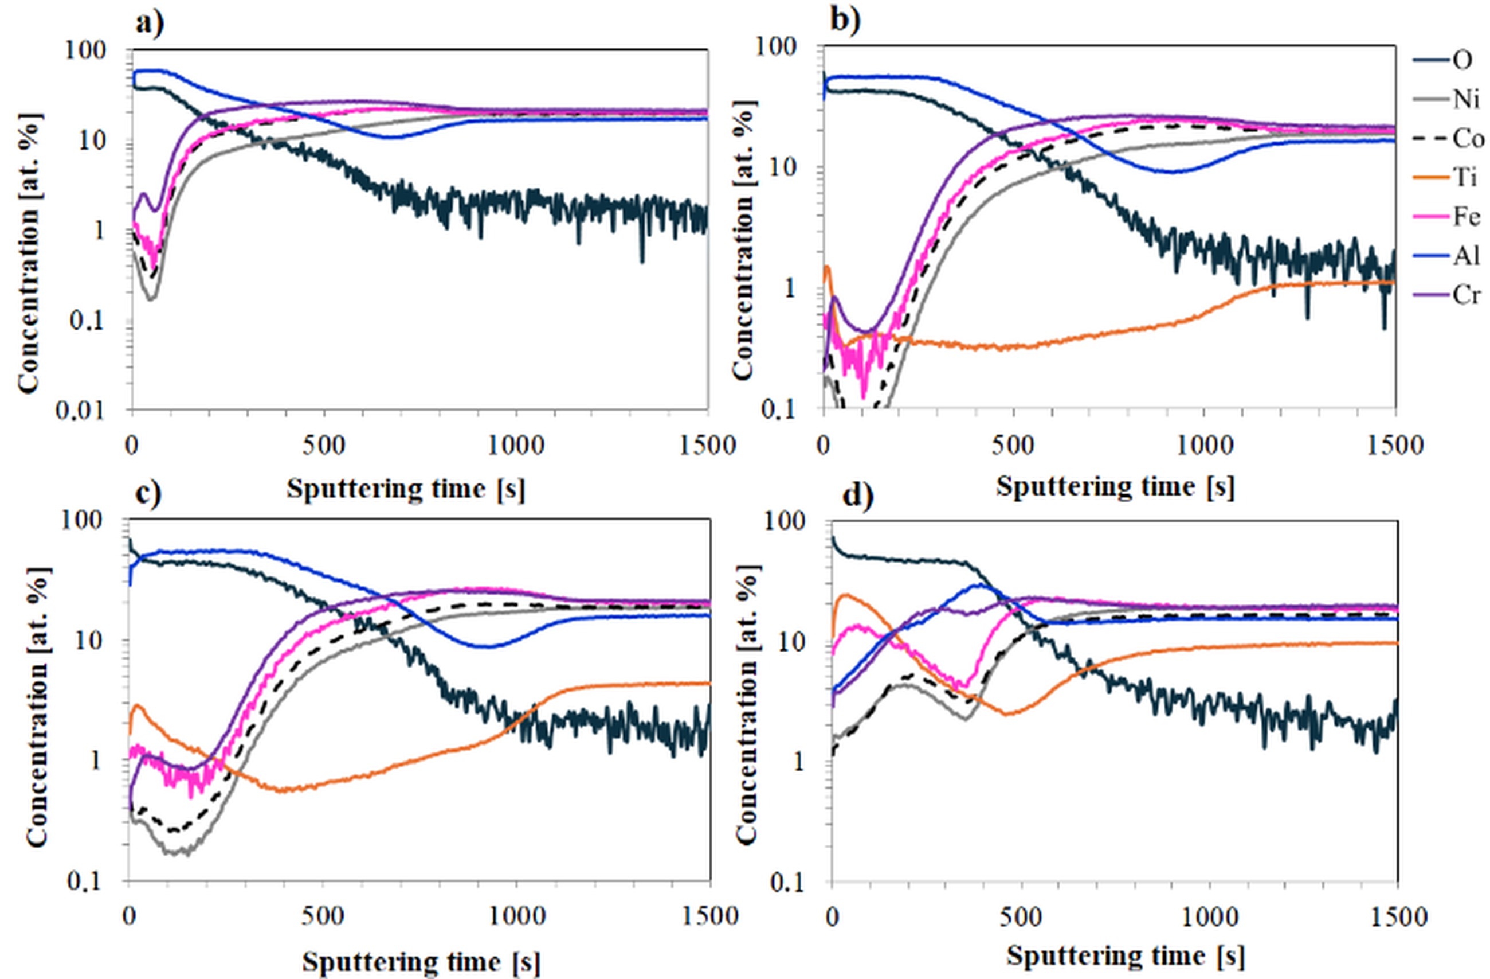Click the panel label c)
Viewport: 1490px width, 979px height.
tap(148, 493)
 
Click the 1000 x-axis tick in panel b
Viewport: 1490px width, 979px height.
tap(1203, 446)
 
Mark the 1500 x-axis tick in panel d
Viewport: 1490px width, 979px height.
tap(1397, 917)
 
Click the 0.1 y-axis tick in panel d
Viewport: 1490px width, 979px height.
tap(791, 882)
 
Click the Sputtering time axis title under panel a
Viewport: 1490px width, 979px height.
tap(406, 489)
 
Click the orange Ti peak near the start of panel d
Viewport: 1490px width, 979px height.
tap(846, 594)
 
